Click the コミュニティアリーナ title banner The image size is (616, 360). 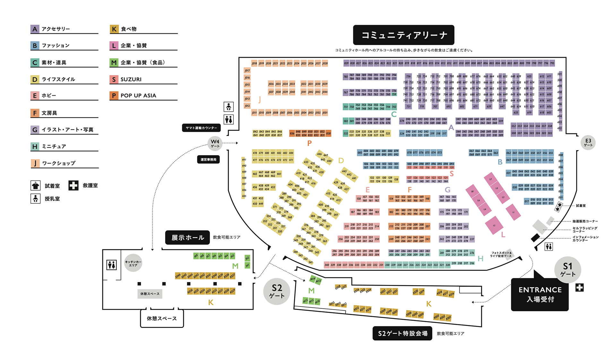(404, 35)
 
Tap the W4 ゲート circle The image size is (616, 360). (215, 143)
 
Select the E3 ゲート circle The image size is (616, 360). (588, 142)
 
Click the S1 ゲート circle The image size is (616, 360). (568, 270)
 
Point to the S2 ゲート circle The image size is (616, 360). (277, 291)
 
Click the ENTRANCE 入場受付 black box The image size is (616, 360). (540, 294)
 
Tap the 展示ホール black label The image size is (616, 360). (187, 237)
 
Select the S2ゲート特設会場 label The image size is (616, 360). (402, 333)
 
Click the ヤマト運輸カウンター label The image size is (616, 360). (201, 128)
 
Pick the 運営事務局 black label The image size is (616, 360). (208, 159)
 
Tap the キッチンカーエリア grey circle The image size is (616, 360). (133, 263)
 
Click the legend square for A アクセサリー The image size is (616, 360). (35, 29)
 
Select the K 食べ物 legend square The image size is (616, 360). (114, 29)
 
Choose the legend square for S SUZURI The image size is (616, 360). (114, 79)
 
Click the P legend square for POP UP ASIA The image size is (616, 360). (114, 96)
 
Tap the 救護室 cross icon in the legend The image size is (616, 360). (73, 185)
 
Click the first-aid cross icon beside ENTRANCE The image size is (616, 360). (579, 287)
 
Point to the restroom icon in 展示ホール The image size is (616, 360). (111, 265)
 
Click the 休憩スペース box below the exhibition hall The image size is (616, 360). (162, 319)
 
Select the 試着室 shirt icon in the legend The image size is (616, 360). (35, 185)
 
